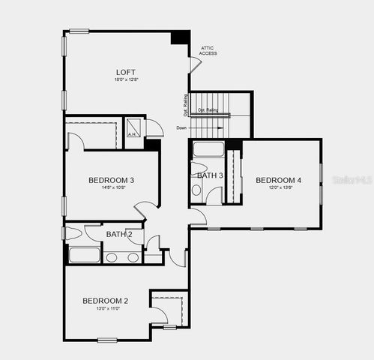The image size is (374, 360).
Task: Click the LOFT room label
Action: [x=125, y=72]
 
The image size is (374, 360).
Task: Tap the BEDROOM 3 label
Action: [x=111, y=180]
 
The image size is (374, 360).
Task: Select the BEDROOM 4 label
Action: [x=278, y=180]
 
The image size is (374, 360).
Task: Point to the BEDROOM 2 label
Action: [x=105, y=301]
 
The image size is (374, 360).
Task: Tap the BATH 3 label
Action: [x=210, y=175]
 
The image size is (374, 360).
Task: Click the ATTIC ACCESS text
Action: [x=208, y=51]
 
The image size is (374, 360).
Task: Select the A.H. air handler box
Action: [x=133, y=127]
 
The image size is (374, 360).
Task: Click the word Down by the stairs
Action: [x=181, y=128]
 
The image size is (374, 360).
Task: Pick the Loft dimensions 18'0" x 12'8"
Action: [x=125, y=79]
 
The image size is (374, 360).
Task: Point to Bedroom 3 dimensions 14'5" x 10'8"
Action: [x=111, y=187]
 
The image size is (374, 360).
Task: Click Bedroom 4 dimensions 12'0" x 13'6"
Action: [x=278, y=187]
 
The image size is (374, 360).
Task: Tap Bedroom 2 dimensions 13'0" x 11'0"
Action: [x=105, y=308]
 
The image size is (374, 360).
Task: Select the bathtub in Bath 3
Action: [x=208, y=149]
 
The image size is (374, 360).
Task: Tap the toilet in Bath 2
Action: [x=75, y=232]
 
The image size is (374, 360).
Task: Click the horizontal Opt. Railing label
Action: [x=210, y=110]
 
